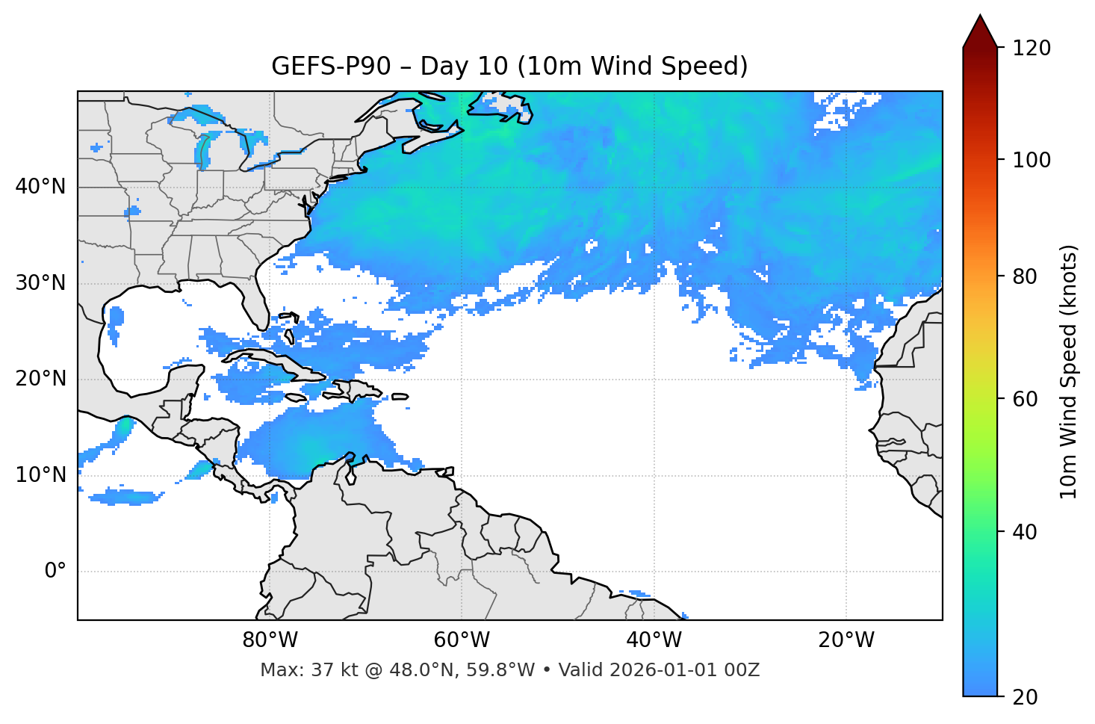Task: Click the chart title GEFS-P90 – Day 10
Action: click(509, 66)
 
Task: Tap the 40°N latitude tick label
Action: click(40, 187)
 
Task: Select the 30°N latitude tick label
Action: click(40, 283)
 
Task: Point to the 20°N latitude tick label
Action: click(40, 379)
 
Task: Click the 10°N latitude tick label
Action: click(40, 475)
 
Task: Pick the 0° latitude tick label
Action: click(55, 572)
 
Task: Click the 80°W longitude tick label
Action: click(270, 640)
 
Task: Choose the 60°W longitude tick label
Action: click(462, 640)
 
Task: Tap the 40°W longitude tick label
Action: click(654, 640)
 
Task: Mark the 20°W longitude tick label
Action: click(846, 640)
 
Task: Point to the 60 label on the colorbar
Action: click(1026, 399)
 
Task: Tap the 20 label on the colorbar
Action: click(1026, 697)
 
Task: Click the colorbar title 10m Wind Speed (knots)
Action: click(1069, 371)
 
